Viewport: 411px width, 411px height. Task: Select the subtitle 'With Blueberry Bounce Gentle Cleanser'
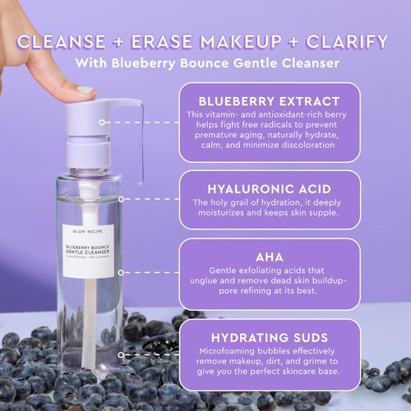[x=205, y=64]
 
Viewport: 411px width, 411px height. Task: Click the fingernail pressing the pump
[x=85, y=89]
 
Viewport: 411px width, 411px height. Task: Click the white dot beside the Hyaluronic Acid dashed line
[x=120, y=198]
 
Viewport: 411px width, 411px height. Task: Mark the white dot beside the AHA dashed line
[x=120, y=267]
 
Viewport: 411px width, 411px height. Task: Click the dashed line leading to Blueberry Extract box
[x=156, y=121]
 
